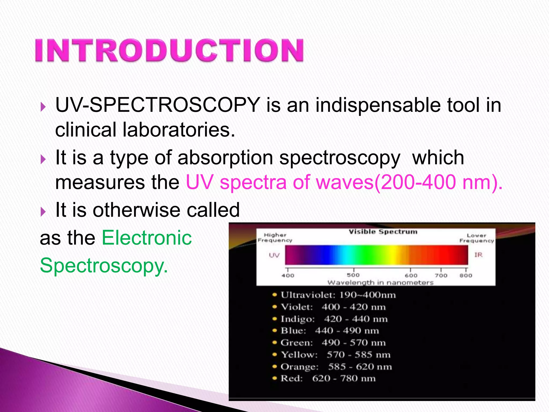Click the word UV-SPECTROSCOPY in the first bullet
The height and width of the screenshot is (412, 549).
[158, 105]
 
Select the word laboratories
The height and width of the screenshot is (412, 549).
[179, 130]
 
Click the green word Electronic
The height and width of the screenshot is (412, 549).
[147, 238]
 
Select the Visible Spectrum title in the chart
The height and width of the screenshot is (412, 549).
[383, 232]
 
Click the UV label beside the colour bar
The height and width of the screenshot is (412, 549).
[274, 255]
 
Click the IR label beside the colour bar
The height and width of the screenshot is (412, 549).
[478, 255]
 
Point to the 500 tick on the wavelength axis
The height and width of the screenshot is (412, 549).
[353, 275]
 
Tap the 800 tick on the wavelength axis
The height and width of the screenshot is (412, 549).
[466, 275]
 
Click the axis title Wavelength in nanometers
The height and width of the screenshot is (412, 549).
[380, 282]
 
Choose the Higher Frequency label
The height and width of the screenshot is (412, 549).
[275, 238]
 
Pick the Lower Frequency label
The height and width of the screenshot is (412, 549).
[476, 238]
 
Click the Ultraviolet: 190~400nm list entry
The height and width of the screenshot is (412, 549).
[338, 295]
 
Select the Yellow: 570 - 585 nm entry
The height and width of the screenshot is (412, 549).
[335, 355]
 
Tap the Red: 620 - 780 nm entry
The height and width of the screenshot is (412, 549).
[328, 378]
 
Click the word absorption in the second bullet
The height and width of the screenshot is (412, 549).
[225, 158]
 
